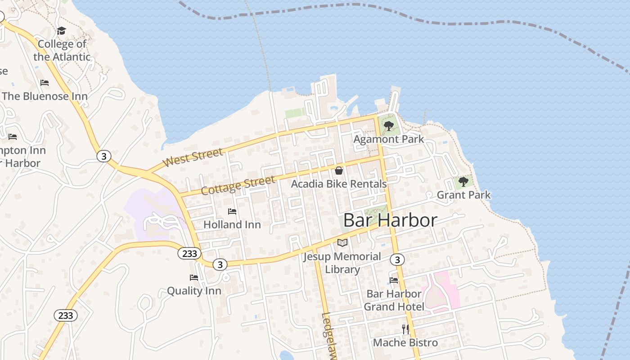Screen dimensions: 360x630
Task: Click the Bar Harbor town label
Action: point(390,220)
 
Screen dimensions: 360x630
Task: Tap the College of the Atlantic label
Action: point(62,50)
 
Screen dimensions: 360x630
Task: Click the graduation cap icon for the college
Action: point(61,31)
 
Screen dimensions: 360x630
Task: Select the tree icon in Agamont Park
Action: point(389,126)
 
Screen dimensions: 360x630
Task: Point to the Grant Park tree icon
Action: point(463,182)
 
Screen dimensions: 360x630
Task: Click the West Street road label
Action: point(193,158)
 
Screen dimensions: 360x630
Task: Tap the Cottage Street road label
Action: point(238,185)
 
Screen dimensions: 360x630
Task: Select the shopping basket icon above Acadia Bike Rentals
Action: point(339,171)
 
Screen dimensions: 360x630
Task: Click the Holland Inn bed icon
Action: point(232,211)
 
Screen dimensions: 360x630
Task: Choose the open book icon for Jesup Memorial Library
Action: point(342,243)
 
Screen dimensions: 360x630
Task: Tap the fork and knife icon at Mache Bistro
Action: point(405,329)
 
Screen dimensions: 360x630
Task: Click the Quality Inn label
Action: point(194,291)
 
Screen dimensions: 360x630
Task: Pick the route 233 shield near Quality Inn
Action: point(189,253)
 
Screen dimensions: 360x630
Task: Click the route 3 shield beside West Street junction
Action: point(104,156)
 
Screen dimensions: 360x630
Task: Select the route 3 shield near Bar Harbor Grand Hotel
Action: point(397,260)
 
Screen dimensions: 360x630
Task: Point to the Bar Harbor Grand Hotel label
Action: point(394,300)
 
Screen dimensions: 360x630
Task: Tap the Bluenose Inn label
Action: point(45,96)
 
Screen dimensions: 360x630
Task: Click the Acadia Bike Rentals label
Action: point(338,184)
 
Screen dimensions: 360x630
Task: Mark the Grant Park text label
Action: point(463,195)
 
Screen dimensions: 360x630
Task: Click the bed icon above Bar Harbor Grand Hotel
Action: point(394,280)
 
